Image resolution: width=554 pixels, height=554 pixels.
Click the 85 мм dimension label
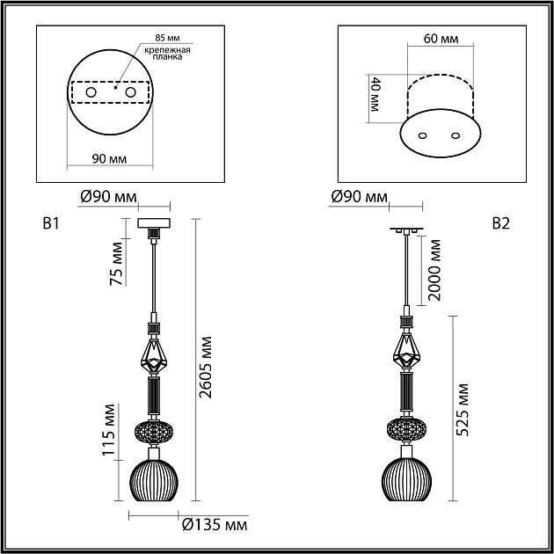tap(167, 38)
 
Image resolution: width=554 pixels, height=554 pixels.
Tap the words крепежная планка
tap(167, 54)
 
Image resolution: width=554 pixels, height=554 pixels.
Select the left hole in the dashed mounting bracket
tap(91, 92)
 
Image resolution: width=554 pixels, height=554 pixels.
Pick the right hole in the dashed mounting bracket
tap(130, 92)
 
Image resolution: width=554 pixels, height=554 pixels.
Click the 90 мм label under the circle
tap(109, 159)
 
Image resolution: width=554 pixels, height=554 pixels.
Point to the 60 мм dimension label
tap(441, 39)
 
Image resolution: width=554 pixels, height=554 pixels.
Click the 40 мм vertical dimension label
tap(374, 94)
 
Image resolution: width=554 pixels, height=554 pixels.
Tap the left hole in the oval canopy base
tap(422, 135)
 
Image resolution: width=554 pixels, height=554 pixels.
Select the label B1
tap(51, 223)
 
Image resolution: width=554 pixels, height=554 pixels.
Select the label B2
tap(501, 223)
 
